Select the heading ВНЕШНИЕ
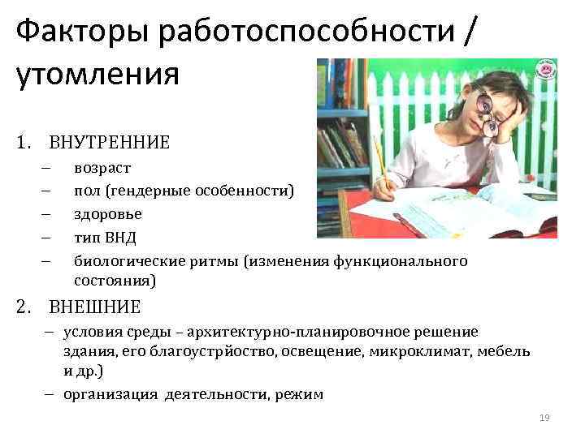point(94,307)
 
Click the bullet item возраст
point(102,168)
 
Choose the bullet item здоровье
point(108,214)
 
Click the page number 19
point(544,418)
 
